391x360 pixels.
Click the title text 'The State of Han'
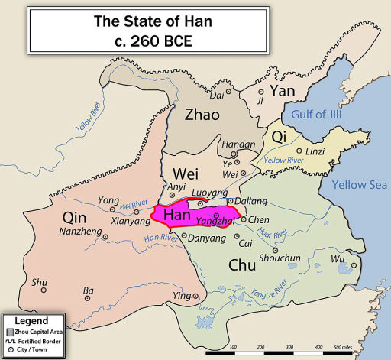[x=143, y=21]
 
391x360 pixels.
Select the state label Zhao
[x=202, y=115]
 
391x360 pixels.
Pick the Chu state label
[x=244, y=264]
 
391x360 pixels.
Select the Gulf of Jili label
[x=320, y=115]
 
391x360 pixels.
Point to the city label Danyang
[x=207, y=238]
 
